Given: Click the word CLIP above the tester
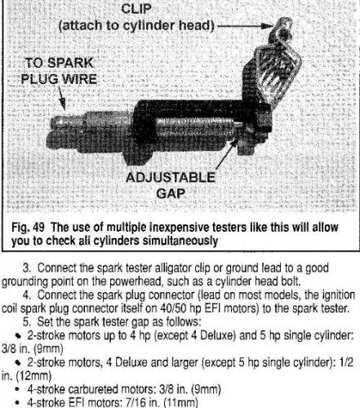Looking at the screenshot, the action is tap(136, 9).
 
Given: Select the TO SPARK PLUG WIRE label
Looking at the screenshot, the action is tap(59, 71).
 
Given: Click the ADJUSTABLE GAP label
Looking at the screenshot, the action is tap(171, 185).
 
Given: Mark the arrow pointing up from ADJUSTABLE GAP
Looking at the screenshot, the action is tap(225, 154).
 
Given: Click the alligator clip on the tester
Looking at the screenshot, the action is tap(275, 63).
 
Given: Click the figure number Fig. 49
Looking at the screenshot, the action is tap(28, 228).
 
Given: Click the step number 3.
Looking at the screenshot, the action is tap(26, 268).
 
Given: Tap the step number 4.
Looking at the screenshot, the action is tap(26, 295).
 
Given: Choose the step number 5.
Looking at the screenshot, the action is tap(26, 322).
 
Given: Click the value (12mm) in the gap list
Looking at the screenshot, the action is tap(33, 376).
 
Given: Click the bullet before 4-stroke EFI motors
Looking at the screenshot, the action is tap(18, 403).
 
